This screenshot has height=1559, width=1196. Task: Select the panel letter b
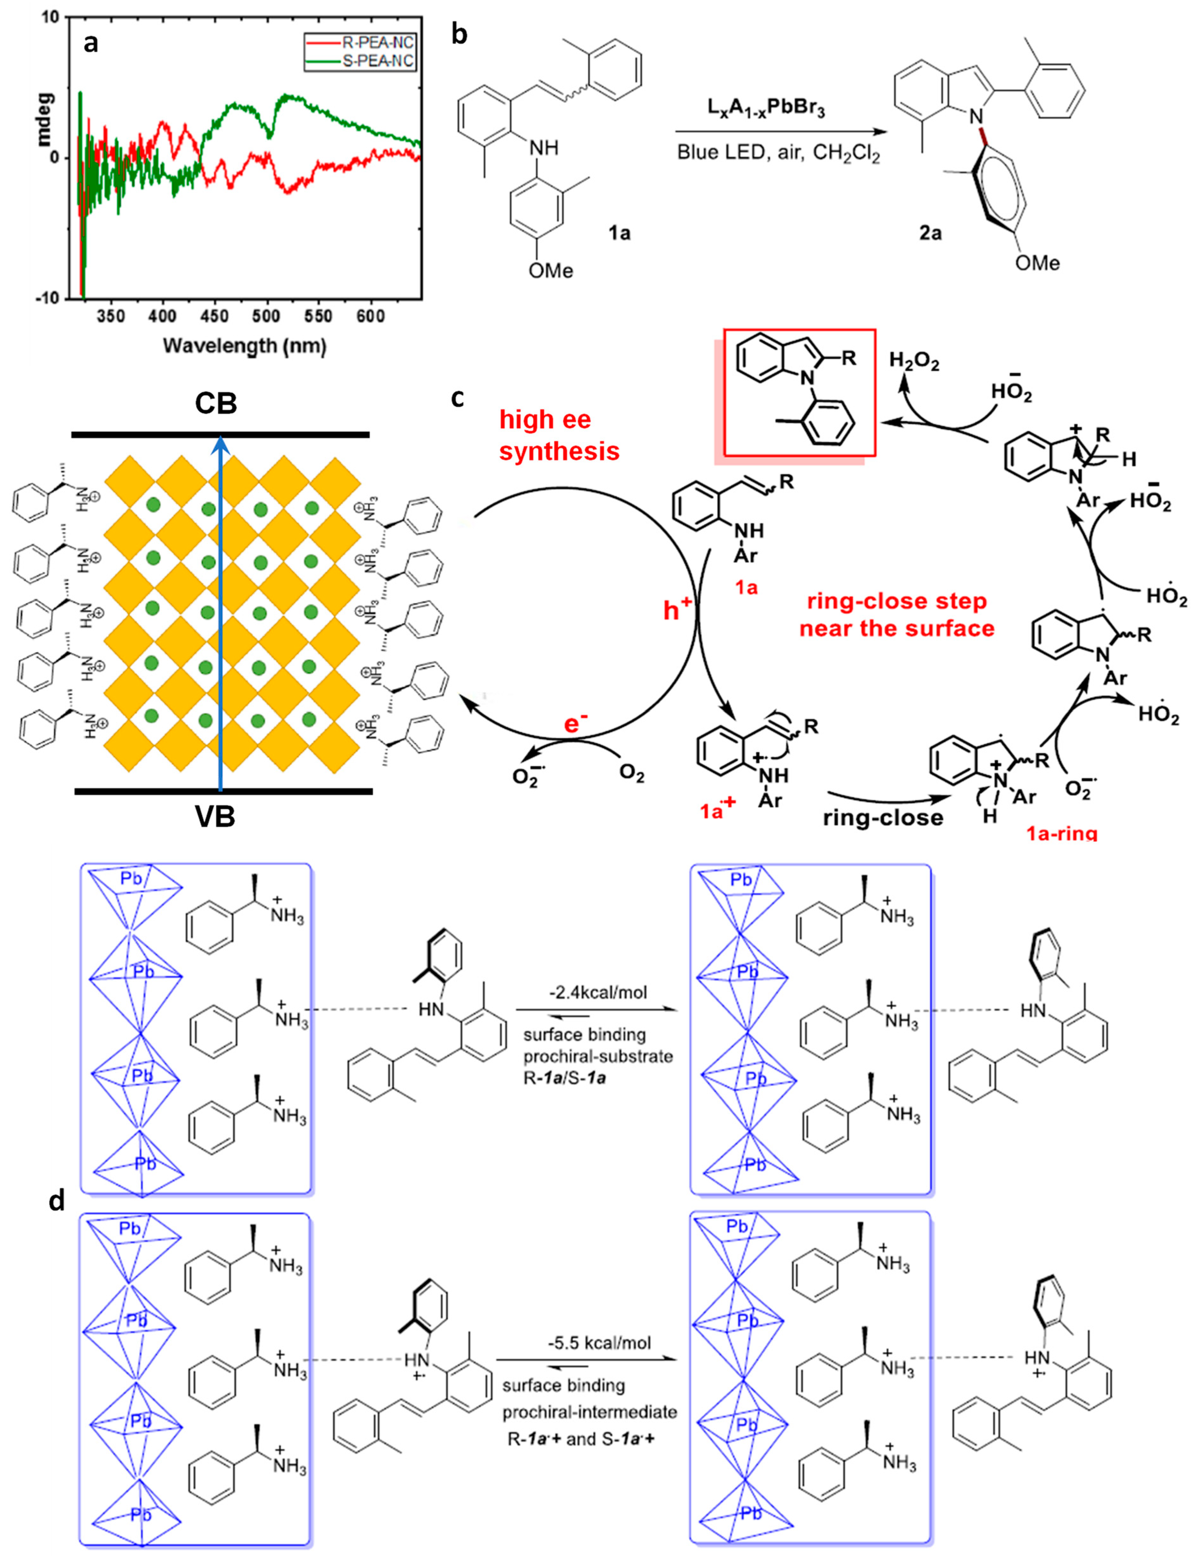(459, 34)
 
